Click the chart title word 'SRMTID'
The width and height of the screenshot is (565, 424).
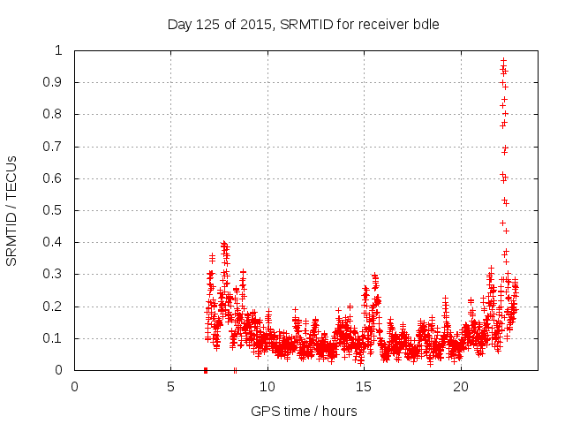click(x=303, y=25)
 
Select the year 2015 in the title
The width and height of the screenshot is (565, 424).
click(x=258, y=25)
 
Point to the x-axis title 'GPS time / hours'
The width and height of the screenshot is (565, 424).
click(x=304, y=411)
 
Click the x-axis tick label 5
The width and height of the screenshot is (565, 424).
click(x=170, y=387)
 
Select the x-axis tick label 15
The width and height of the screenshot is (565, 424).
click(x=364, y=387)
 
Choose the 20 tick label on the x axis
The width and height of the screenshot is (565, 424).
click(x=460, y=387)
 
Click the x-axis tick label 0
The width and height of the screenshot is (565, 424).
click(x=74, y=387)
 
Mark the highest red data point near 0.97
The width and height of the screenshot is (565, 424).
click(x=503, y=61)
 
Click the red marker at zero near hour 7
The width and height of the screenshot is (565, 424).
click(x=206, y=370)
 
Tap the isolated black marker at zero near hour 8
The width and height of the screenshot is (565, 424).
click(x=235, y=370)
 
